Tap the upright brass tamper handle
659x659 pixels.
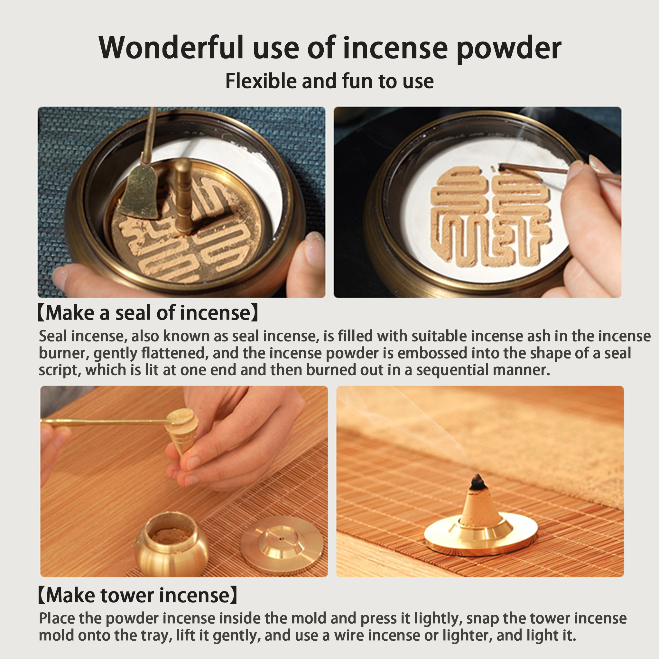coord(183,196)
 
